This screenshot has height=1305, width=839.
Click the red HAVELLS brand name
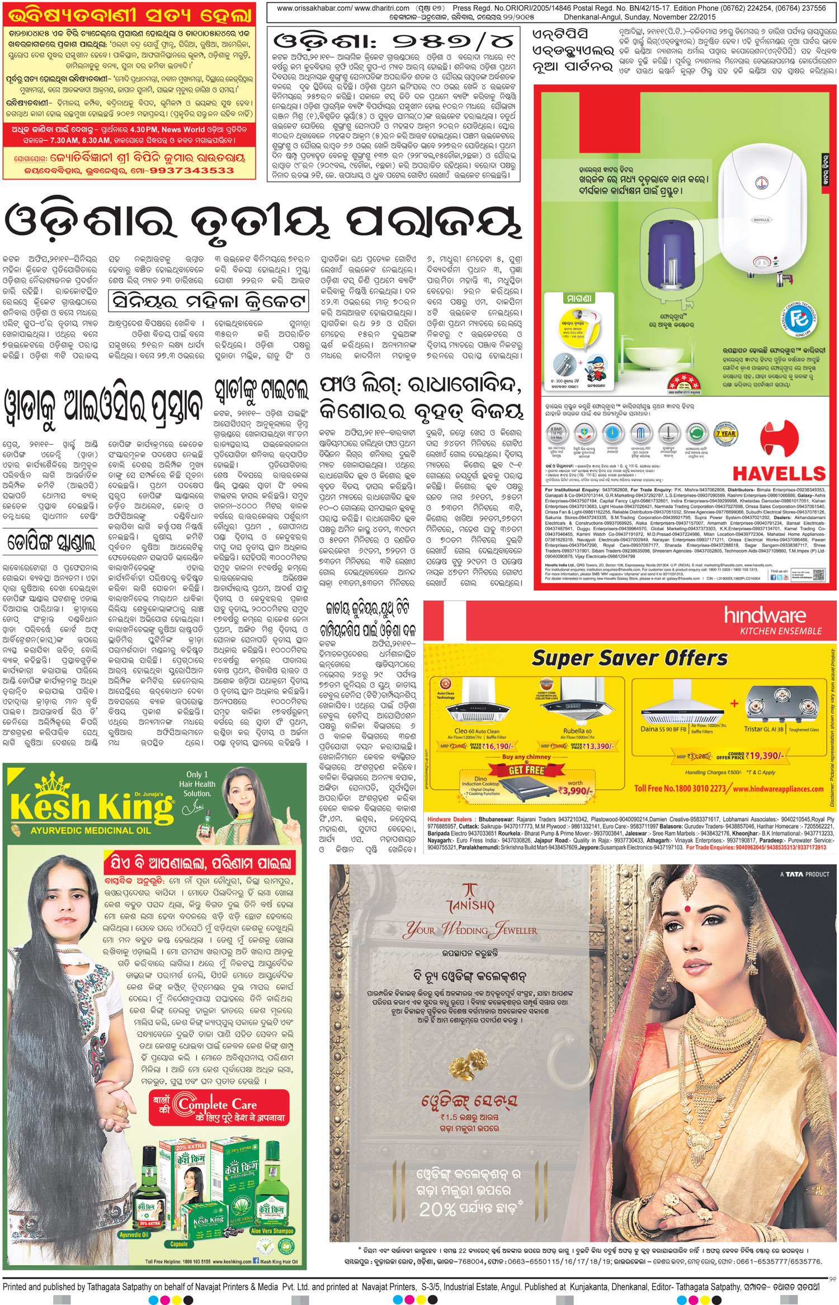pos(779,474)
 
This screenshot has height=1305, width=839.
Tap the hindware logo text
pos(765,616)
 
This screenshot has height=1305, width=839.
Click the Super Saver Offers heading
pos(629,658)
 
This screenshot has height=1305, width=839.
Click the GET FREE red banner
pos(526,770)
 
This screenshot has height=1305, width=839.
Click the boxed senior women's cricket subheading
pos(209,301)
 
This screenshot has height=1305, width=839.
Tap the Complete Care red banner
pos(218,1108)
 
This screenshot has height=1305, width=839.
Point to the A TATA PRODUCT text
pos(804,874)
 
